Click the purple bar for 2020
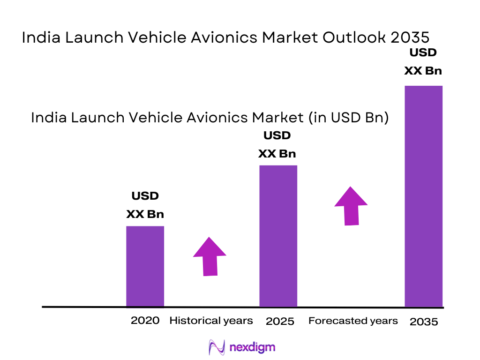[x=145, y=266]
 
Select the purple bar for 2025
[x=278, y=236]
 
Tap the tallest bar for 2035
[x=423, y=196]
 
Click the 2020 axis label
[x=145, y=321]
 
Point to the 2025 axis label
[x=280, y=322]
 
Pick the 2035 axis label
[x=424, y=322]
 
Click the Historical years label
[x=211, y=321]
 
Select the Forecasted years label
[x=353, y=321]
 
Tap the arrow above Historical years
[x=210, y=256]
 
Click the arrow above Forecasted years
[x=351, y=206]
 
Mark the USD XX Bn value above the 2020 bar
[x=145, y=205]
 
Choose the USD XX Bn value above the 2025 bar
[x=277, y=145]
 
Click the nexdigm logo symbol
[x=217, y=347]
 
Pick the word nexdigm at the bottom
[x=253, y=347]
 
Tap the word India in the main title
[x=40, y=38]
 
